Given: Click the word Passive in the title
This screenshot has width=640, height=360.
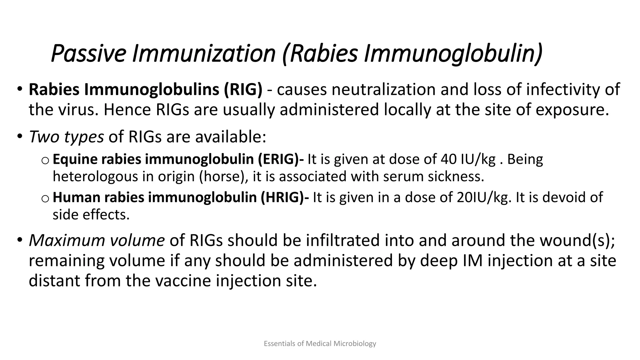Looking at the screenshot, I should point(88,54).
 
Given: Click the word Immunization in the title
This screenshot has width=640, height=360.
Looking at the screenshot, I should point(203,54).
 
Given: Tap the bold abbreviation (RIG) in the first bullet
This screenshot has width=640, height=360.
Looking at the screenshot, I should point(243,90).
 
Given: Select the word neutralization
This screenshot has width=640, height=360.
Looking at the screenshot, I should point(383,90).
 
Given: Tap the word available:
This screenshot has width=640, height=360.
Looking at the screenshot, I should point(231,137).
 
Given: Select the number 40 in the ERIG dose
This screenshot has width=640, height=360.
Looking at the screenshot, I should point(448,159).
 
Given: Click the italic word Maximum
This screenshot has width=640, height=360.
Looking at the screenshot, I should point(63,240).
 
